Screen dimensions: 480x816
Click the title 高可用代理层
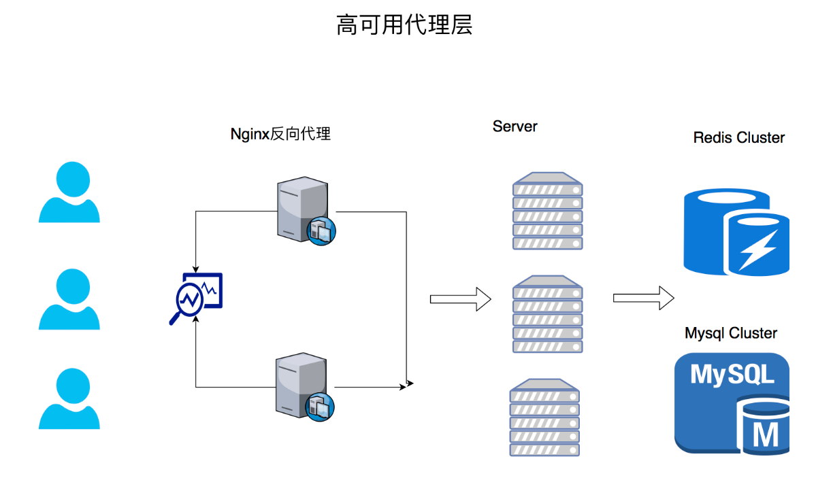(404, 25)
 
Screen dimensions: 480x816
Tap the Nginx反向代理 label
(280, 134)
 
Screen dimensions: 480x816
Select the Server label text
(515, 126)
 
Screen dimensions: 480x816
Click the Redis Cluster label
(738, 138)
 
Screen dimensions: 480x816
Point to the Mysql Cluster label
(731, 333)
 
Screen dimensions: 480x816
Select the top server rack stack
(548, 211)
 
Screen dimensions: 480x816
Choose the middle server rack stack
(548, 314)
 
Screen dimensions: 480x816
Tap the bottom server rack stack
(544, 417)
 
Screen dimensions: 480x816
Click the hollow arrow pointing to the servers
(460, 298)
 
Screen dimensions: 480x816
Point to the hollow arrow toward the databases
(643, 298)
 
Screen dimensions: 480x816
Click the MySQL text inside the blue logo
(732, 375)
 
